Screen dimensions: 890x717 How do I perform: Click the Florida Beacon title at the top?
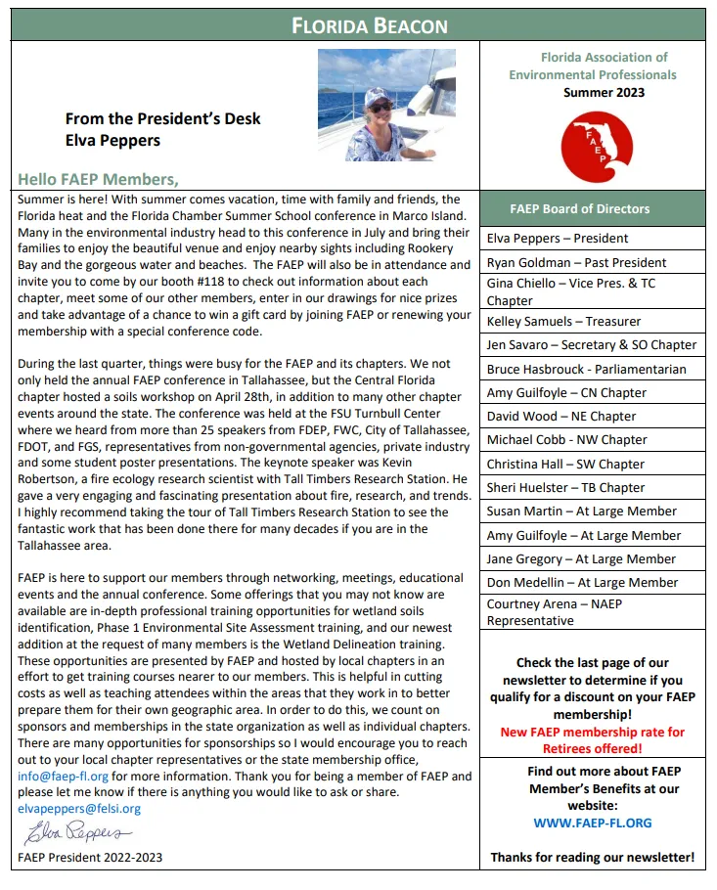370,25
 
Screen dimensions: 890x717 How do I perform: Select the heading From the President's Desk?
162,119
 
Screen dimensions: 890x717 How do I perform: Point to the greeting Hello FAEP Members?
98,179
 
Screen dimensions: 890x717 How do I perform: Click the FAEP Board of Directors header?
579,208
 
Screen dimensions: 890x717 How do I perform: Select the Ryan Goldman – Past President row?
576,262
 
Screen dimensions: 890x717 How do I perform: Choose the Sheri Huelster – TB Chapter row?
565,487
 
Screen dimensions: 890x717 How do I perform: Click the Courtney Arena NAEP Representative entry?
555,612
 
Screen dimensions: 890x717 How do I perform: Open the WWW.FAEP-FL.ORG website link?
592,823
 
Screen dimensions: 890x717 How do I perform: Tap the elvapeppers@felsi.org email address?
79,809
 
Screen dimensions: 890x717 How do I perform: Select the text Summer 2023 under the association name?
604,93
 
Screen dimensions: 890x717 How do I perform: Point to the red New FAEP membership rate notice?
592,740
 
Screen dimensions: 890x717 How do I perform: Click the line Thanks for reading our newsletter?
592,858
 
